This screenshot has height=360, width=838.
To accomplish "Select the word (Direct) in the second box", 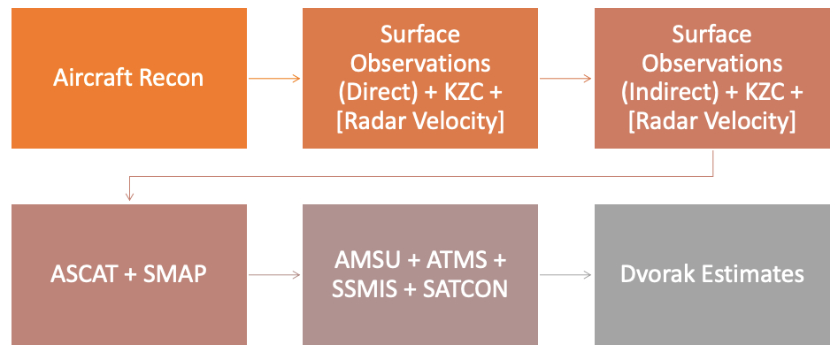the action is coord(377,92).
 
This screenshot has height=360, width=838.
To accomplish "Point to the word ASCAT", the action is coord(83,274).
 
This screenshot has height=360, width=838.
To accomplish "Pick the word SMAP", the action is coord(174,274).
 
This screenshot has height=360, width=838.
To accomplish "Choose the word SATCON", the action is coord(465,289).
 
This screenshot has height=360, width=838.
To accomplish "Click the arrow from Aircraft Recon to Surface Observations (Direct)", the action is coord(274,79).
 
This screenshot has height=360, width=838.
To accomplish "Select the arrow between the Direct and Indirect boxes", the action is coord(566,79).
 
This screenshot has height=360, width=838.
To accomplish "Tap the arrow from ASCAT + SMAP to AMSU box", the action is coord(274,275).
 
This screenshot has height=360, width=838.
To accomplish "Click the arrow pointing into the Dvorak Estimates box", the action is coord(566,275).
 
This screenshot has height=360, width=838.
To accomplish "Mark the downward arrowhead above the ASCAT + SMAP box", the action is coord(129,197).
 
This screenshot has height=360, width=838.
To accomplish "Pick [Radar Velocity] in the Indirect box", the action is coord(711,121).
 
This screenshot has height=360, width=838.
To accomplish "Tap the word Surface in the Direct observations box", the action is coord(420,34).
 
